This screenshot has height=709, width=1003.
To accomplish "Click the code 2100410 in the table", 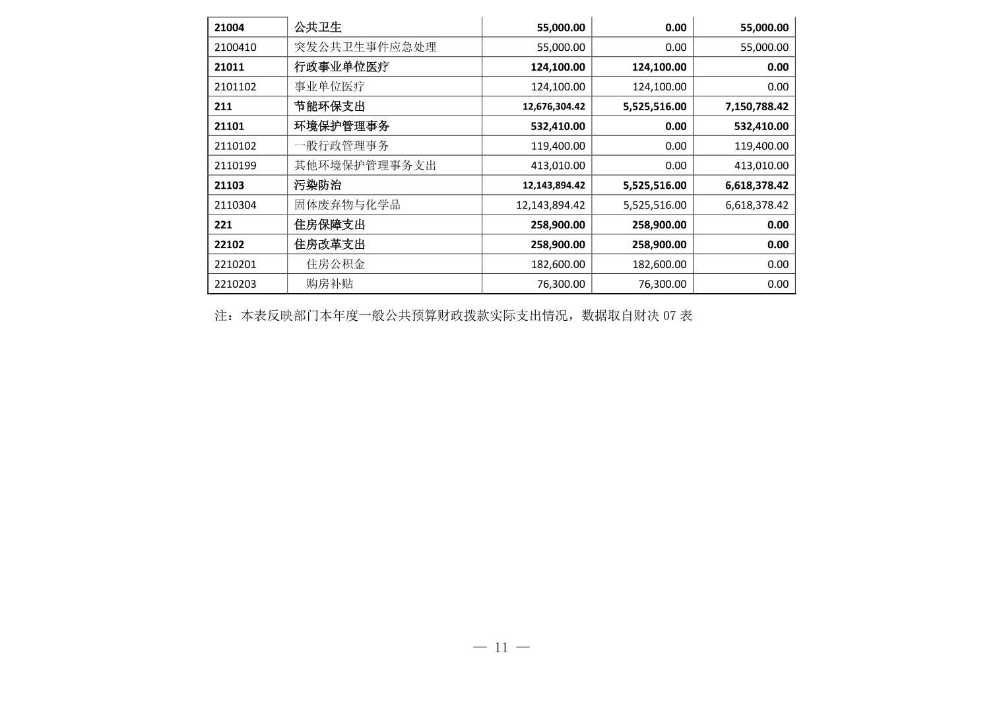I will point(236,47).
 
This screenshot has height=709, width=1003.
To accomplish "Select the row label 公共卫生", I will point(318,27).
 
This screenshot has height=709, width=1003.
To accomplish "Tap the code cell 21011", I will point(229,67).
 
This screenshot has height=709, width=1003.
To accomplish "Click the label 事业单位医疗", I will point(329,86).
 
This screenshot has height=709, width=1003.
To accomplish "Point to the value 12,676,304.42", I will point(554,106).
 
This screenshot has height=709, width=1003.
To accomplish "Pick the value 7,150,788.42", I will point(756,106).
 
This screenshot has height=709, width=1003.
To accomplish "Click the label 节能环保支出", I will point(329,106).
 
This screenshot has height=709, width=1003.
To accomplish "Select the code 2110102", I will point(236,146).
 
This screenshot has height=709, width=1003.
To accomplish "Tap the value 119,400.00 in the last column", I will point(761,146).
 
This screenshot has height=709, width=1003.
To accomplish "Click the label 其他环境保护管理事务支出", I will point(365,166).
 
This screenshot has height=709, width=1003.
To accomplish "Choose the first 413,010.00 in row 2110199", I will point(558,166).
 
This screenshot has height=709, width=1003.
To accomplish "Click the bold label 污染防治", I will point(317,186).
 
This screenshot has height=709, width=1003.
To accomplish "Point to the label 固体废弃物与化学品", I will point(347,205).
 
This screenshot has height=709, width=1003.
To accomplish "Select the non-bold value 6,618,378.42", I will point(756,205).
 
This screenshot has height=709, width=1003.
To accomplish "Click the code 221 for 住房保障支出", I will point(223,224).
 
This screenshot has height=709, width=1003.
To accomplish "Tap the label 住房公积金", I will point(336,264).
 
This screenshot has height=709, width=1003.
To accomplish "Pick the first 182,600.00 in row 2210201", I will point(558,264).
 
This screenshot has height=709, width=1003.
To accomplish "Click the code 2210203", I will point(236,284).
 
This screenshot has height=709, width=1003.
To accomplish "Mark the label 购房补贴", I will point(330,284).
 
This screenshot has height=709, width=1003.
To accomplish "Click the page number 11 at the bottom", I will point(501,648).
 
